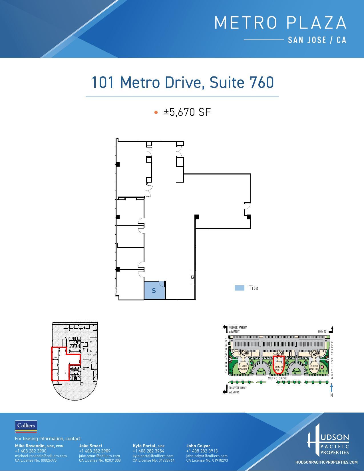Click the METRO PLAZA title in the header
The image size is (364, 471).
[x=280, y=23]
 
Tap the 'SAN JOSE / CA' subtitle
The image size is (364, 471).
[x=317, y=40]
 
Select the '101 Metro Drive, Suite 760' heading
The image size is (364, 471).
[x=182, y=82]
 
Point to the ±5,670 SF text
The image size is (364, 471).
[x=187, y=112]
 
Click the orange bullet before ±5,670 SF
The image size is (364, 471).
[x=156, y=112]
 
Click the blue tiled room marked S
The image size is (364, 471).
[x=154, y=290]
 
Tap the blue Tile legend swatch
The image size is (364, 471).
[x=240, y=288]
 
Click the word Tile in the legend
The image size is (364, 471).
[x=253, y=288]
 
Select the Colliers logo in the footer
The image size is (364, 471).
[x=26, y=426]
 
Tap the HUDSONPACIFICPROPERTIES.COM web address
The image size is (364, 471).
[x=326, y=462]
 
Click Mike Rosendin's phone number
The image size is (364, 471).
[x=31, y=451]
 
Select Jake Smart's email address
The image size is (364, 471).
[x=99, y=456]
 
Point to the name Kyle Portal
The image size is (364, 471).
[x=144, y=446]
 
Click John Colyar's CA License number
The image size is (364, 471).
[x=207, y=460]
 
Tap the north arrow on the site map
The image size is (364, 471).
[x=331, y=388]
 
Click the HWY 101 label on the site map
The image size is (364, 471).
[x=323, y=331]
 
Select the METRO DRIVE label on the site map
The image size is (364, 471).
[x=277, y=378]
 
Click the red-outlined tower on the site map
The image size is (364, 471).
[x=278, y=365]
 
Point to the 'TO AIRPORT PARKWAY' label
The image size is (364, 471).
[x=238, y=328]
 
